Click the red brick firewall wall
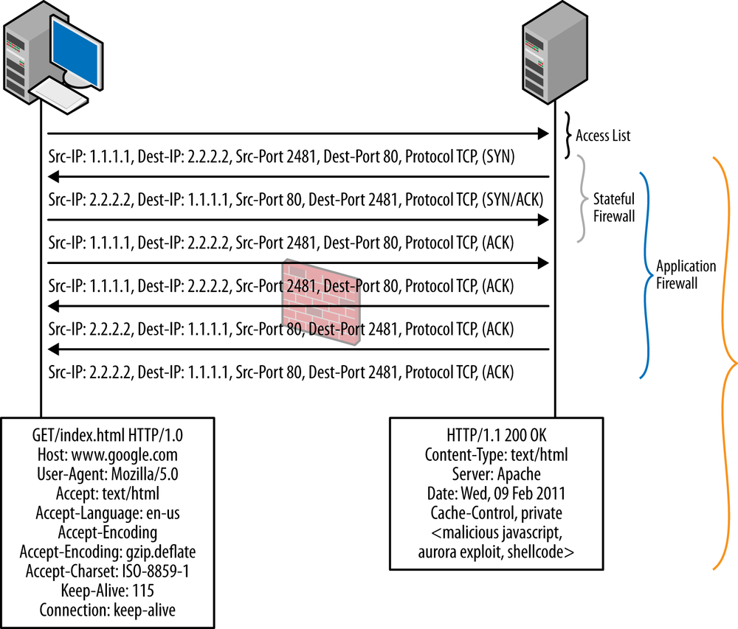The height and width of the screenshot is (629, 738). click(321, 302)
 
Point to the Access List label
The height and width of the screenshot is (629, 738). click(603, 136)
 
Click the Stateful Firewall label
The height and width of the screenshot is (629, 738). click(614, 208)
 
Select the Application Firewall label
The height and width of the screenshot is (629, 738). click(686, 274)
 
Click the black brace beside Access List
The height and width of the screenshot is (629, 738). click(568, 135)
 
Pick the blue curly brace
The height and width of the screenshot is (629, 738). click(646, 274)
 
